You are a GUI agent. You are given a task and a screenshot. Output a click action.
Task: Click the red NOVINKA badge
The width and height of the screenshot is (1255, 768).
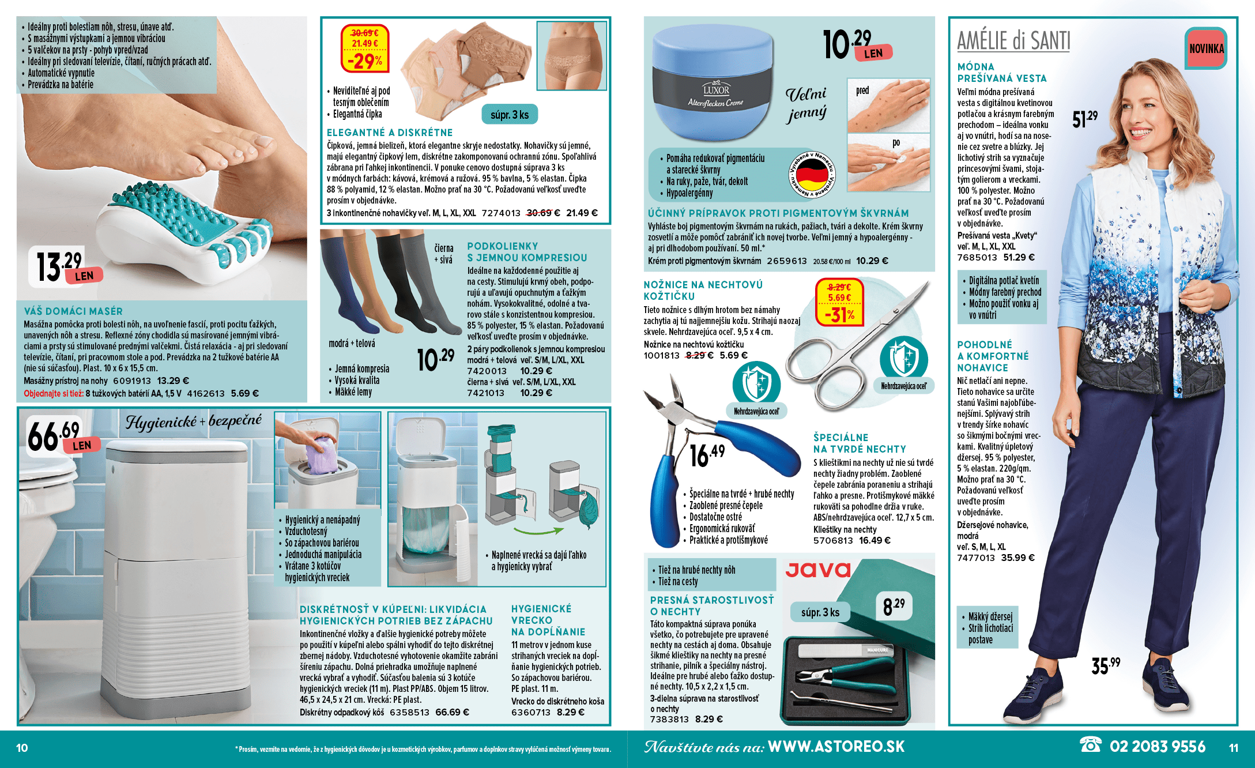(1206, 48)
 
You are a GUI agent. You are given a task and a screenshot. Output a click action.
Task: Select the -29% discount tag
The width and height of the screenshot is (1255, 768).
(365, 49)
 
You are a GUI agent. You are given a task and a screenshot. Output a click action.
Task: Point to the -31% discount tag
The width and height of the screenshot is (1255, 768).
(839, 302)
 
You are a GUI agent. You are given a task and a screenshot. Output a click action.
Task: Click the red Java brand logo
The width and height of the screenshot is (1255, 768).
(819, 570)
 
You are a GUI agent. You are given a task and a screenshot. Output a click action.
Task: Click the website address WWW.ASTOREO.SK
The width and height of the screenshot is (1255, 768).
(836, 747)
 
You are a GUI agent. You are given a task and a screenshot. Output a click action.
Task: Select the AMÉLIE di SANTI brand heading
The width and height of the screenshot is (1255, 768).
(1013, 40)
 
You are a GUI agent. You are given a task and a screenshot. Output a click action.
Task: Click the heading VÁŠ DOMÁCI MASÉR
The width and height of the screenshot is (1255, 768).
(73, 311)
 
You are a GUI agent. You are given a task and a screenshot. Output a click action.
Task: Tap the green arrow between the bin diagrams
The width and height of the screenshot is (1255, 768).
(538, 530)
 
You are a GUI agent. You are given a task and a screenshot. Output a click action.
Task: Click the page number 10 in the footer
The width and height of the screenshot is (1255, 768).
(22, 748)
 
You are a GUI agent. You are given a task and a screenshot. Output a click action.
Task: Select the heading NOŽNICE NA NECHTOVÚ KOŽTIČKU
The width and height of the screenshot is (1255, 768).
(703, 290)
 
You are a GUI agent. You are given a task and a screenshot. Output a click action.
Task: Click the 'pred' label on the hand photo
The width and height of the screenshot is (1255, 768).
(862, 91)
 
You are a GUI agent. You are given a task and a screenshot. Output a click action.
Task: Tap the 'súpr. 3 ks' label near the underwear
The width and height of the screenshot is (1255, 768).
(510, 115)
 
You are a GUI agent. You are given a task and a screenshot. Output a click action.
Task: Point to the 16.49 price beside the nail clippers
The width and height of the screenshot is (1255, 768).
(707, 455)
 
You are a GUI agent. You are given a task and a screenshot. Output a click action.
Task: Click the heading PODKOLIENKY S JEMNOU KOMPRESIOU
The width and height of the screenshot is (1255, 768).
(527, 252)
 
